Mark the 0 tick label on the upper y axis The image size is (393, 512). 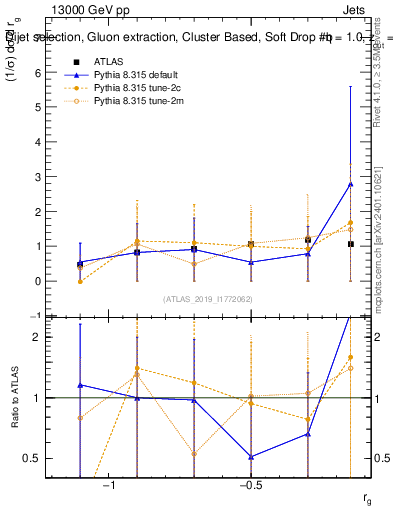coord(36,281)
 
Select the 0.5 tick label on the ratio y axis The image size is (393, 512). coord(32,459)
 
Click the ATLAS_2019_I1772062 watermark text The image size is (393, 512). coord(208,299)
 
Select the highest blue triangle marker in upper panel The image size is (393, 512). coord(350,184)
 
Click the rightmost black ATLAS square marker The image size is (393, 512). coord(350,244)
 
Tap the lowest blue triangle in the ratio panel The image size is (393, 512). coord(251,457)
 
